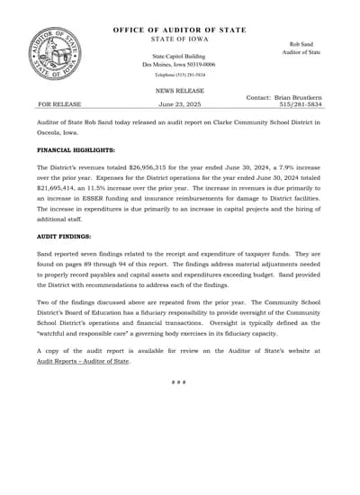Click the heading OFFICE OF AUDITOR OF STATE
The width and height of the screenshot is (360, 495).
click(180, 31)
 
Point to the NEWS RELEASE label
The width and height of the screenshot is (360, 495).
click(180, 91)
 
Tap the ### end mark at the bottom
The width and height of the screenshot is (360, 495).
click(179, 382)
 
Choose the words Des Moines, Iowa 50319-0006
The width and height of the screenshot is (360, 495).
click(177, 65)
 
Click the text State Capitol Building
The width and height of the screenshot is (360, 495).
click(177, 56)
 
